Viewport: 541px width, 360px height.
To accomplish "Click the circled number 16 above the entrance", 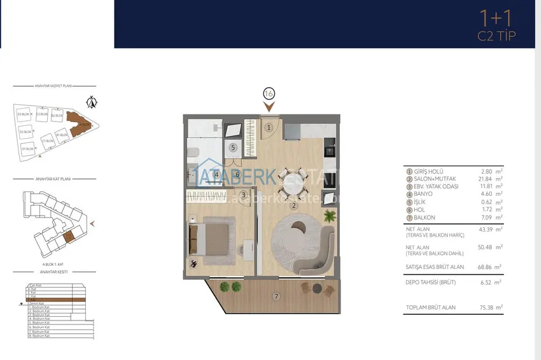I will (x=268, y=93).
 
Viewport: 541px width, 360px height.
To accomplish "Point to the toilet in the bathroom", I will (x=193, y=153).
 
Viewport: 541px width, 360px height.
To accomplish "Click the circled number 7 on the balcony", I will (x=276, y=296).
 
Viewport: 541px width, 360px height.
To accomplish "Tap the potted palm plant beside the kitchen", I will (x=329, y=217).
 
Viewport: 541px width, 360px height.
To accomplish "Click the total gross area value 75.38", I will (x=488, y=307).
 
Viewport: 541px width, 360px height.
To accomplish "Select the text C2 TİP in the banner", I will (x=496, y=36).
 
